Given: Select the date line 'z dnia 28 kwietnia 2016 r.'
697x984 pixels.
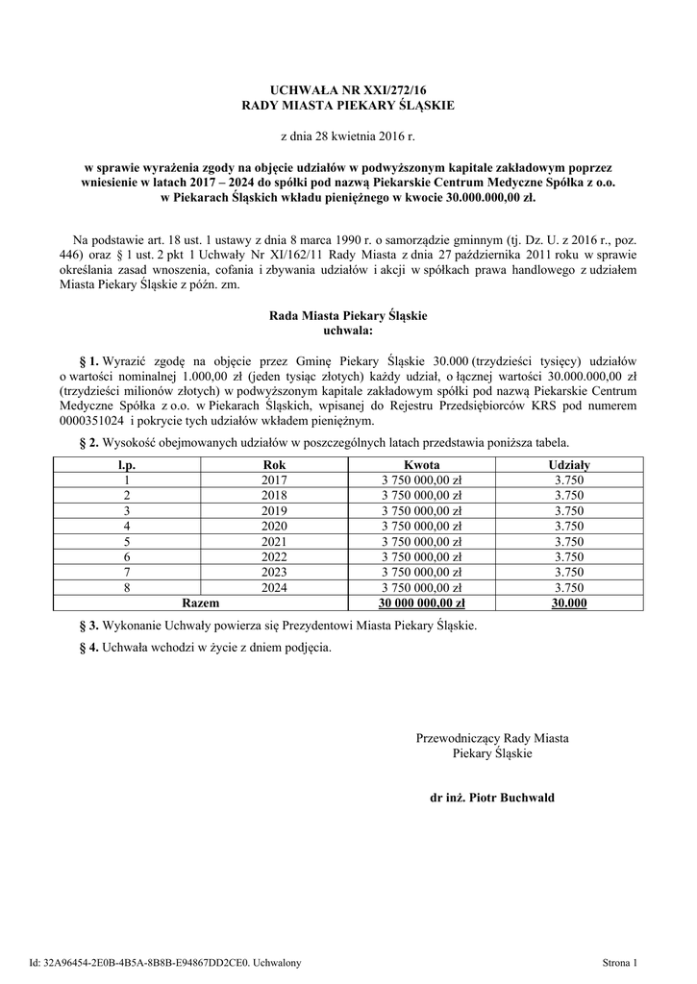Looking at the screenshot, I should click(347, 137).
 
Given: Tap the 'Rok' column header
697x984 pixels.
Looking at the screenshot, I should click(274, 465).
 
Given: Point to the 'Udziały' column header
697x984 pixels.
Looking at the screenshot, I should click(569, 465).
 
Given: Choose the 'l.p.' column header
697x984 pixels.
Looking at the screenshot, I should click(126, 465).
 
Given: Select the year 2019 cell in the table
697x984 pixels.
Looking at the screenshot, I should click(274, 511).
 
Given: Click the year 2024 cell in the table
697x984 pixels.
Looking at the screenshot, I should click(274, 588).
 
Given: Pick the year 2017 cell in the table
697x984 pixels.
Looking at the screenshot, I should click(274, 480).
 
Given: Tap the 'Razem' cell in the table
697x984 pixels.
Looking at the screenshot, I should click(200, 603).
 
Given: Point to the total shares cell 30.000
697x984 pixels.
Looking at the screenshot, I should click(569, 603).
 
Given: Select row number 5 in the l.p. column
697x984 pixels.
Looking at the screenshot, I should click(126, 542).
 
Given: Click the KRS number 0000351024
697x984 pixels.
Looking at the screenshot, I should click(92, 421).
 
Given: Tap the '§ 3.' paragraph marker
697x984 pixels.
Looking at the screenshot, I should click(90, 626).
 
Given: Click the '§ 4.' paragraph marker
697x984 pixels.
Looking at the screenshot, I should click(90, 648).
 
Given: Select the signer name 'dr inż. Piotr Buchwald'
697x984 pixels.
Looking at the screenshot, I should click(492, 798).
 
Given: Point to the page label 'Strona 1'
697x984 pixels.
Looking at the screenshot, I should click(619, 962).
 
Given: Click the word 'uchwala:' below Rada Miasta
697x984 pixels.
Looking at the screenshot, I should click(348, 330).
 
